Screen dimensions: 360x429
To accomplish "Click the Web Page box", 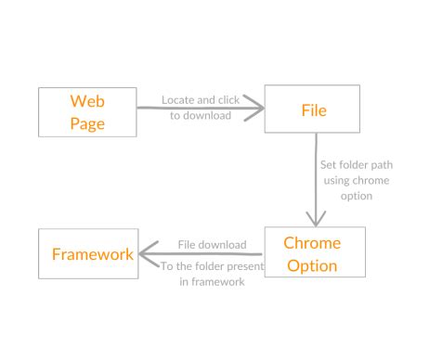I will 87,110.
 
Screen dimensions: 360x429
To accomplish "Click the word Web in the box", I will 87,99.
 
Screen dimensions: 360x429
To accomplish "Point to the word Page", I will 87,122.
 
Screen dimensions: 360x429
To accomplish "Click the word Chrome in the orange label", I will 312,243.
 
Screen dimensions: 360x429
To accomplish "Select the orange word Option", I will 312,265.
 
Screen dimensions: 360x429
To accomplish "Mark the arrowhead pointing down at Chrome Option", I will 318,219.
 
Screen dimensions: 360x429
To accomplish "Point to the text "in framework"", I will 211,282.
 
